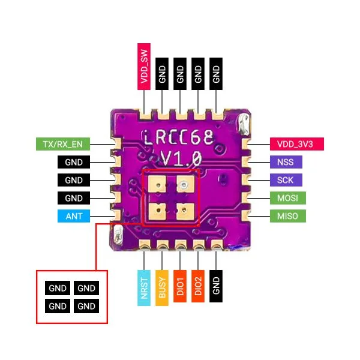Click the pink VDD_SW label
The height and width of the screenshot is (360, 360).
coord(144,66)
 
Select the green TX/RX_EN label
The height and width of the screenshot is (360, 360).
coord(64,144)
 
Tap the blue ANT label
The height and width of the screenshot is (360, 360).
coord(74,216)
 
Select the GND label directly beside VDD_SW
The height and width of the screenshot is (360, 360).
coord(162,74)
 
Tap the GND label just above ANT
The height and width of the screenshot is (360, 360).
coord(74,198)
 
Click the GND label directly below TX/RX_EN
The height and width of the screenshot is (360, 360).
coord(74,162)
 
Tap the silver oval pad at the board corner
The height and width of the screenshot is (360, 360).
coord(242,125)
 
